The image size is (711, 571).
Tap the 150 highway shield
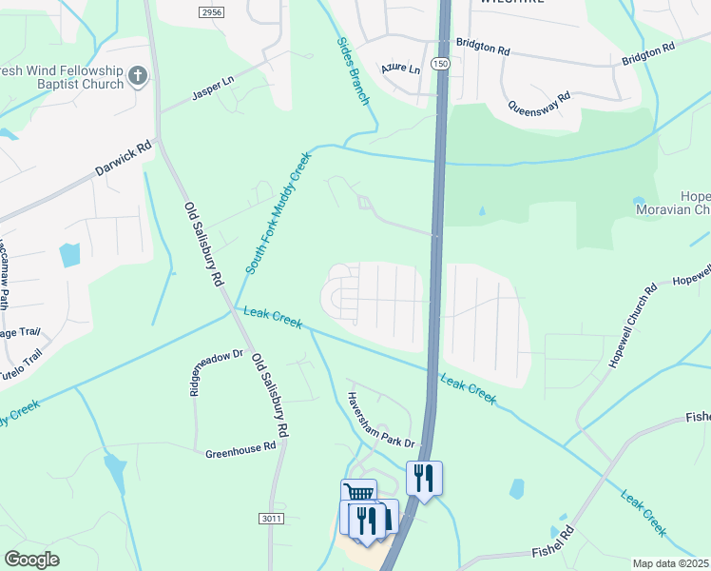pos(438,64)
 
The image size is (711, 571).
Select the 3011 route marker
pos(270,519)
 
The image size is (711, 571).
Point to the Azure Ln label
pos(399,69)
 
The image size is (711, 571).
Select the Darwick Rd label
pos(123,160)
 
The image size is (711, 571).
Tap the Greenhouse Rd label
pos(240,453)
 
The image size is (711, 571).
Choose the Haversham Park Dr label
pos(379,420)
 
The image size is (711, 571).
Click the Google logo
pos(31,560)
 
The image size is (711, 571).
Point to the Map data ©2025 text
pos(670,563)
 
